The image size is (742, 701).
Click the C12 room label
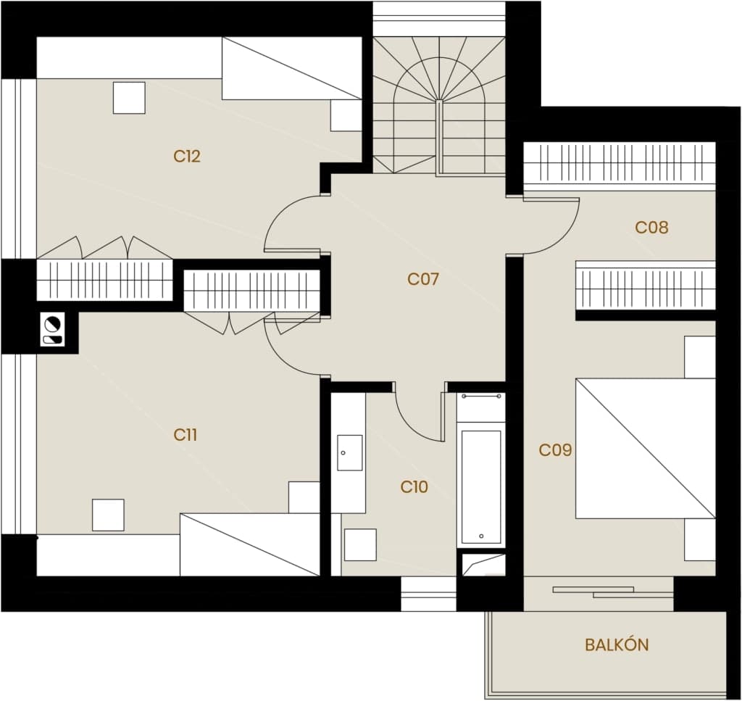[187, 156]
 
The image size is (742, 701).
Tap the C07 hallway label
[423, 279]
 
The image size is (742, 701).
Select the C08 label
[651, 228]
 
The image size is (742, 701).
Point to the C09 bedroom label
[555, 450]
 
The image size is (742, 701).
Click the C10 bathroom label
[414, 487]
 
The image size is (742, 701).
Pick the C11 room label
[185, 435]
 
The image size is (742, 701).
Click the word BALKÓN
[617, 644]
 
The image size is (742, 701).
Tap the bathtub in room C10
[481, 486]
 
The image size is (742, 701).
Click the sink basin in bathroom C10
[350, 453]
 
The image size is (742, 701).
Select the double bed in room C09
[646, 448]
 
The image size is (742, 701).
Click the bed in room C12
[292, 68]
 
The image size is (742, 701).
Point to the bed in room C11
[250, 544]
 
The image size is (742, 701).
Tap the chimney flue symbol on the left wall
[52, 329]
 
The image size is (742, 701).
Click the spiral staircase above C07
[439, 105]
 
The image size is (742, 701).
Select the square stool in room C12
[129, 98]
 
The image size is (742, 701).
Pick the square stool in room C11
[108, 515]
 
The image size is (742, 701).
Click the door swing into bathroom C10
[411, 423]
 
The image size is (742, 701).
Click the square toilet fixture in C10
[360, 545]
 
